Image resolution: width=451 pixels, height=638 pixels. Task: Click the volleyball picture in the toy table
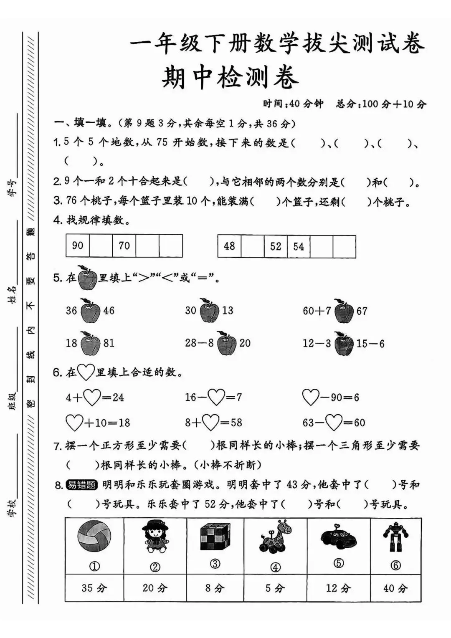click(x=94, y=538)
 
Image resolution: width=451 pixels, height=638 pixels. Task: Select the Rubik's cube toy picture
click(x=215, y=537)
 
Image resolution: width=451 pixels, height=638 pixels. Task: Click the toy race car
click(x=339, y=537)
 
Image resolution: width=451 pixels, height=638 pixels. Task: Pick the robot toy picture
click(x=395, y=537)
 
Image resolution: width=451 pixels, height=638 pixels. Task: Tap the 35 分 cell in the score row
click(x=94, y=588)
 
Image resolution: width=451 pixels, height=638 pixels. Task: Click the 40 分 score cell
click(x=395, y=588)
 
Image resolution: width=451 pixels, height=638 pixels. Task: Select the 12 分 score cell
click(x=339, y=588)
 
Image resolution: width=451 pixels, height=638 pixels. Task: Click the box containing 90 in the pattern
click(x=78, y=246)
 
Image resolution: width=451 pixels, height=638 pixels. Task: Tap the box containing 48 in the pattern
click(x=229, y=246)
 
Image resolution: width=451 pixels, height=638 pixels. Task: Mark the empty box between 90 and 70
click(x=101, y=246)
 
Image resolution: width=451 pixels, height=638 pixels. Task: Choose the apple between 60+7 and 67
click(x=344, y=311)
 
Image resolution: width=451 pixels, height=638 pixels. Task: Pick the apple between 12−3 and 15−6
click(x=344, y=344)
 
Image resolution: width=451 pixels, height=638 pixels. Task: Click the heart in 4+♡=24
click(x=92, y=397)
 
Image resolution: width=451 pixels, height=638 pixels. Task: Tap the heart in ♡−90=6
click(x=311, y=397)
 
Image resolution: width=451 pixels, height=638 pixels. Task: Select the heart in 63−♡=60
click(x=334, y=423)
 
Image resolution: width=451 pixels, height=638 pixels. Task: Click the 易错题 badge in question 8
click(x=82, y=485)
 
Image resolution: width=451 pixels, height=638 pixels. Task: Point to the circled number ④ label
click(x=275, y=567)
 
